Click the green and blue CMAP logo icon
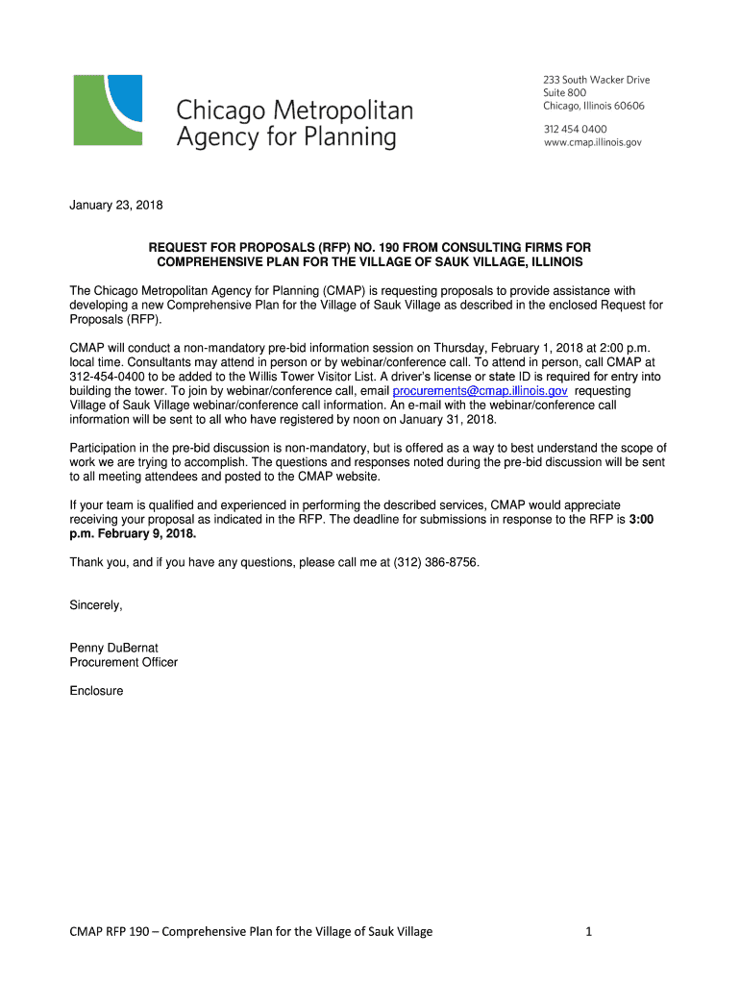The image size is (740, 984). pos(108,110)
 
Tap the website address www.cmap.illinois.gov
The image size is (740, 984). pos(592,142)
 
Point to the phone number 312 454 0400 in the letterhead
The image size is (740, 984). pos(576,129)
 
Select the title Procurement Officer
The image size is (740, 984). pos(123,662)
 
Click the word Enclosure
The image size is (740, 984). pos(96,691)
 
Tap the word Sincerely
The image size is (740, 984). pos(96,605)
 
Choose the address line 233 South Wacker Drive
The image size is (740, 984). pos(597,80)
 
